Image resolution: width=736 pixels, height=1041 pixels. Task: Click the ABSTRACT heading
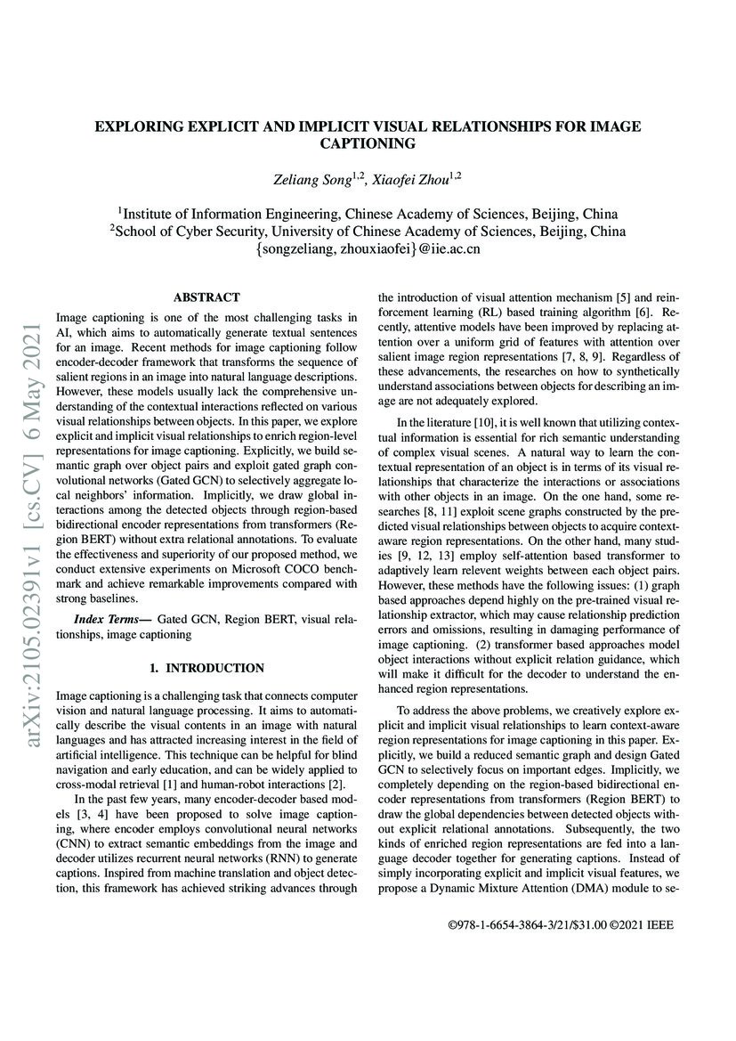pyautogui.click(x=206, y=297)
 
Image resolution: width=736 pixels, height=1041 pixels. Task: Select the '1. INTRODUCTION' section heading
pyautogui.click(x=206, y=667)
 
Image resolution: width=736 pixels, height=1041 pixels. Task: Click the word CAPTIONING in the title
pyautogui.click(x=368, y=142)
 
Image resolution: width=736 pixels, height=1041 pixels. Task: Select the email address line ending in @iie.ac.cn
pyautogui.click(x=368, y=248)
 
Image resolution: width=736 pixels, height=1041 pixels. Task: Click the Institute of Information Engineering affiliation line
pyautogui.click(x=368, y=213)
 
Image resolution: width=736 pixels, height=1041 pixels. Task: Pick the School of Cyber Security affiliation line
pyautogui.click(x=368, y=231)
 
